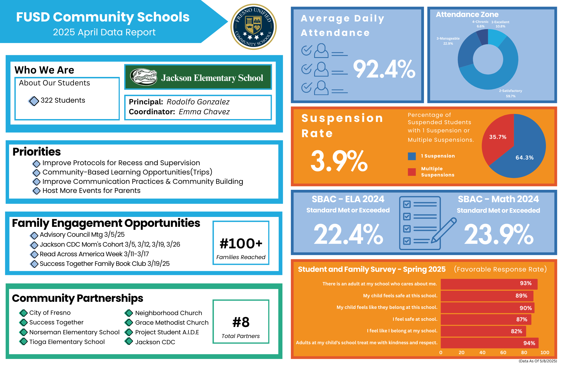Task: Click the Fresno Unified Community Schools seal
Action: pyautogui.click(x=254, y=27)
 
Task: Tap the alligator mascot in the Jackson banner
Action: pyautogui.click(x=144, y=77)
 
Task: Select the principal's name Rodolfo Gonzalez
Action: pyautogui.click(x=198, y=102)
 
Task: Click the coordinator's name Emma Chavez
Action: pyautogui.click(x=204, y=112)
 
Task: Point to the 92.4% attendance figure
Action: pyautogui.click(x=384, y=69)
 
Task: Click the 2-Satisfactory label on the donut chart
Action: pyautogui.click(x=511, y=91)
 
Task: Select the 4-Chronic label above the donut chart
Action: pyautogui.click(x=480, y=22)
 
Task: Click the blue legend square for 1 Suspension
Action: pyautogui.click(x=412, y=156)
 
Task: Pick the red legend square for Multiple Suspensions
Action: pyautogui.click(x=412, y=172)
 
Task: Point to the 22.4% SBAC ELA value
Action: pyautogui.click(x=348, y=234)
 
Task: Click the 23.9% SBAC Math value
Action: pyautogui.click(x=499, y=234)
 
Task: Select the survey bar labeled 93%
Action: pyautogui.click(x=489, y=284)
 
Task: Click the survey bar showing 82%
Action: pyautogui.click(x=483, y=331)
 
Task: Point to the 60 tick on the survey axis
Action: pyautogui.click(x=503, y=352)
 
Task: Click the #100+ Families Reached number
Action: pyautogui.click(x=241, y=244)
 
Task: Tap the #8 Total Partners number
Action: pyautogui.click(x=241, y=322)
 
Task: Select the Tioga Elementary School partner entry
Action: pyautogui.click(x=67, y=342)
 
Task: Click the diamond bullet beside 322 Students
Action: pyautogui.click(x=34, y=101)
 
